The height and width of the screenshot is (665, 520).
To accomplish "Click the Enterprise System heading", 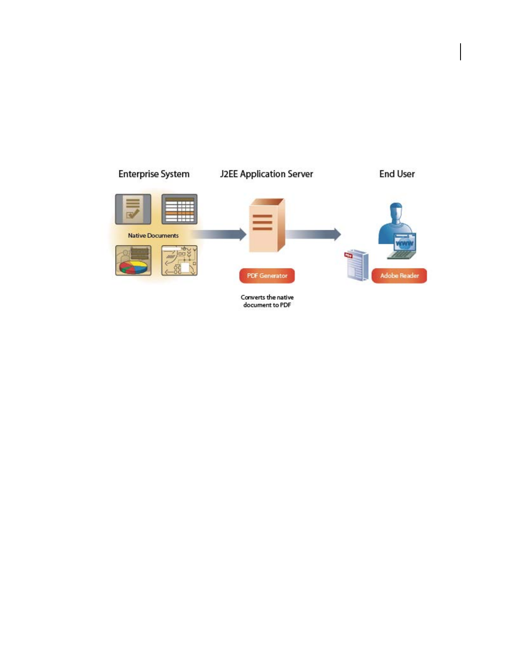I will (154, 174).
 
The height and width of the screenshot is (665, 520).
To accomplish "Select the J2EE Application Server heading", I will (266, 174).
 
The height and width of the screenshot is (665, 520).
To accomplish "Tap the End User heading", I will (397, 174).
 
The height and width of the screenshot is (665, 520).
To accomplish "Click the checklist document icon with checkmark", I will (133, 209).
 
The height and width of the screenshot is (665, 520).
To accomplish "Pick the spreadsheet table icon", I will (179, 209).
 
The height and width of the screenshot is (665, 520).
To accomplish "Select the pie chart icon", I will (133, 261).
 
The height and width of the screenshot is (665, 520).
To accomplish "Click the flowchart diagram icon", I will (179, 261).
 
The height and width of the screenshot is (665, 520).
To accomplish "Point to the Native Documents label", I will (153, 236).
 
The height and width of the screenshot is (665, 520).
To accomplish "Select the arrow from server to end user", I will (314, 234).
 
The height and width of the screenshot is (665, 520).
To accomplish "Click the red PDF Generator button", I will (267, 276).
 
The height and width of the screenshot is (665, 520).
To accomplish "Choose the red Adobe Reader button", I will (399, 276).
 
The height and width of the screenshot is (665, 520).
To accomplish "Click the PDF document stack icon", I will (356, 266).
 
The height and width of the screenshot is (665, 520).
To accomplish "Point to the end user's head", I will (396, 211).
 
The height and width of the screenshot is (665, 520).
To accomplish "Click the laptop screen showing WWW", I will (404, 243).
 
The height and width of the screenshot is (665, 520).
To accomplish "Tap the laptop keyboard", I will (401, 254).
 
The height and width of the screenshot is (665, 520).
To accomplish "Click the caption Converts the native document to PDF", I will (267, 301).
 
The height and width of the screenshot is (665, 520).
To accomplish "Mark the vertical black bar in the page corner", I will (461, 52).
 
